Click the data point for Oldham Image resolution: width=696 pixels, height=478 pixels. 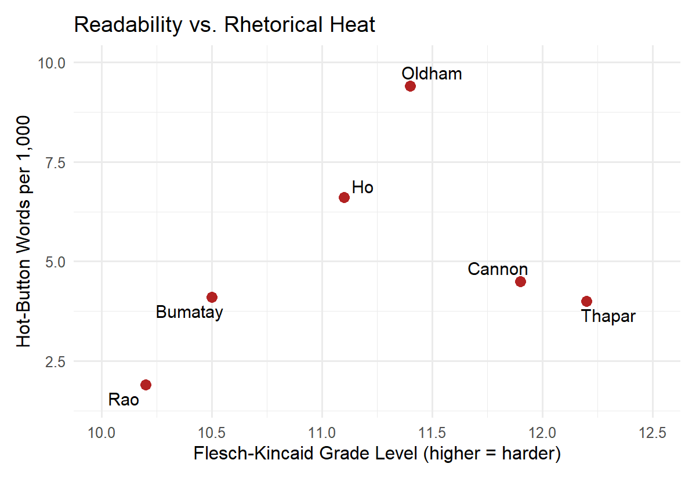coord(410,86)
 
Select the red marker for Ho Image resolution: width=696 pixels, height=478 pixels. coord(344,197)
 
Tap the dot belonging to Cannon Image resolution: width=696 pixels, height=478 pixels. coord(520,281)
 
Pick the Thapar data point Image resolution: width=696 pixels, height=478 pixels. coord(586,301)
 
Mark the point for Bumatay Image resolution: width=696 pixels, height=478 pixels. coord(212,297)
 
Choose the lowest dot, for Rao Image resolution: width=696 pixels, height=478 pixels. coord(146,385)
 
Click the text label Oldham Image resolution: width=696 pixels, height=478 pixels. coord(432,74)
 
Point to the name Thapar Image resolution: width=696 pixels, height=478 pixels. coord(608,317)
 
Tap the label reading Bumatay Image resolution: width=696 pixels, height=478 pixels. coord(190,313)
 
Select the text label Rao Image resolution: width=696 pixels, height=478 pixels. coord(124,400)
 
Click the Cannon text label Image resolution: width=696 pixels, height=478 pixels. coord(498,269)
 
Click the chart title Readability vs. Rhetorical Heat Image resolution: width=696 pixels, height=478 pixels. coord(224,25)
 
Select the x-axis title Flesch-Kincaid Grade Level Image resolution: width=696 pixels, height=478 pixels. coord(377,454)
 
